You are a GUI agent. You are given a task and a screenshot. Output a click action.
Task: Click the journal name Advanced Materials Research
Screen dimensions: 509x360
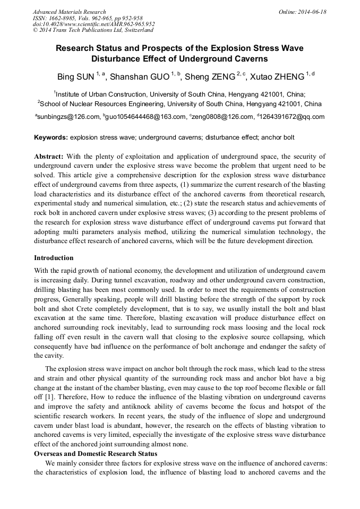[x=69, y=12]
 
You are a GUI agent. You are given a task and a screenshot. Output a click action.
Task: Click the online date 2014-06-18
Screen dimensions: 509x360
[x=311, y=12]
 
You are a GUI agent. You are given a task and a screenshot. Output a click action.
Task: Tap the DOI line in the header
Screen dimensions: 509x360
[x=93, y=24]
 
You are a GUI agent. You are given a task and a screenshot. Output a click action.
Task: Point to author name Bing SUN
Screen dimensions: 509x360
[x=75, y=77]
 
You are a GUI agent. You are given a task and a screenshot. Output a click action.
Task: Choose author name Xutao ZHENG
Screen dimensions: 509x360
[x=277, y=77]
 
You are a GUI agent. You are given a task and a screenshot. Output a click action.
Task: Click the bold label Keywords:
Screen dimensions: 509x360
[x=51, y=137]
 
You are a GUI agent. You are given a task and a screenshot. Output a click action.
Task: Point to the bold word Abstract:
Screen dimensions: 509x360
[x=49, y=157]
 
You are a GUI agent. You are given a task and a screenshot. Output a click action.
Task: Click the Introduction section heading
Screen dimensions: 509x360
[x=54, y=258]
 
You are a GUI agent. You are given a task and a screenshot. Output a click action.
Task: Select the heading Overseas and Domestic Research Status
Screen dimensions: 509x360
[x=96, y=453]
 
